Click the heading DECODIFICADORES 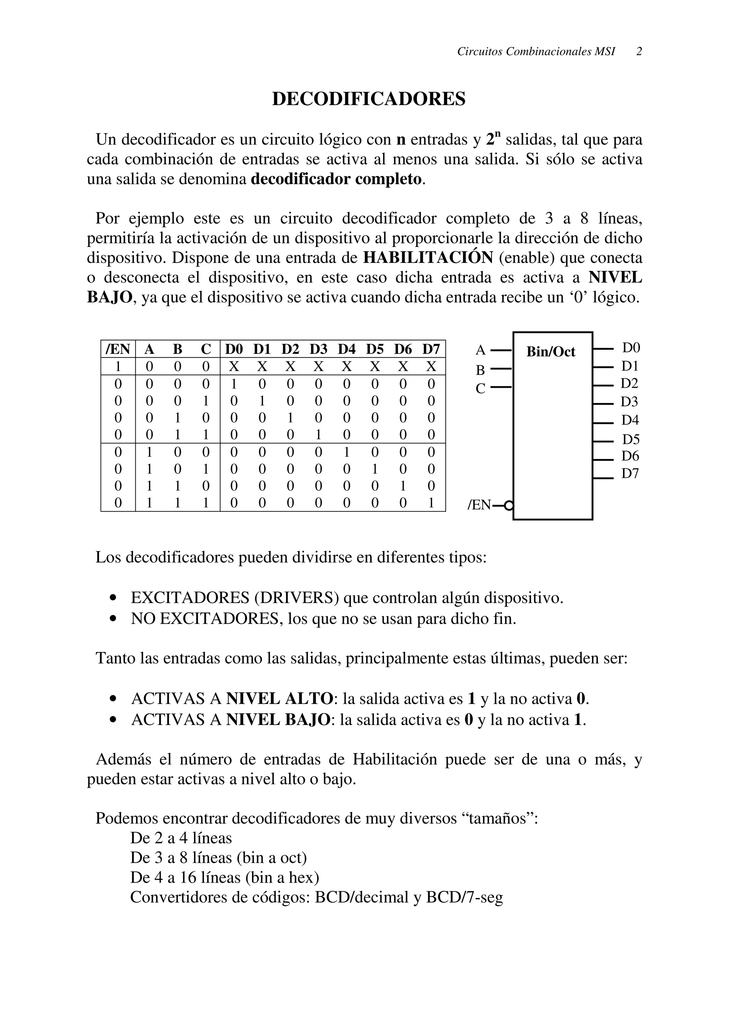(x=368, y=99)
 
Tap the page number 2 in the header (x=639, y=52)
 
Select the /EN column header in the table (x=118, y=349)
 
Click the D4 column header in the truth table (x=346, y=349)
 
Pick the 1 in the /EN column (x=118, y=367)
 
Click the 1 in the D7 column (x=431, y=503)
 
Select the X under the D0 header (x=234, y=367)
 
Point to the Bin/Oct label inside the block (x=551, y=351)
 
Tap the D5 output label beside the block (x=630, y=439)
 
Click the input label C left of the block (x=480, y=388)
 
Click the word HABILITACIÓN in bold (x=428, y=258)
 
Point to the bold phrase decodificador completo (x=336, y=179)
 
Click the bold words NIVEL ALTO (x=279, y=699)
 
